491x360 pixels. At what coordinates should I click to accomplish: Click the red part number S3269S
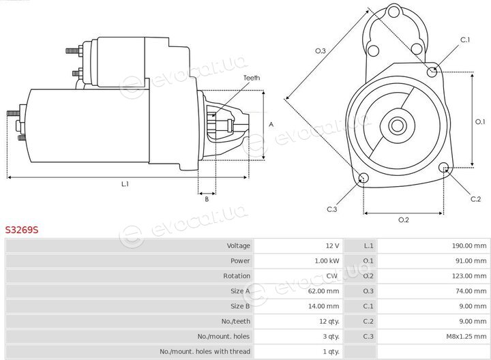(x=22, y=230)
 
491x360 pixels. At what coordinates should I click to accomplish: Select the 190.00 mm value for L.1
(x=468, y=245)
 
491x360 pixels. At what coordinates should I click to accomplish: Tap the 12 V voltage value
(x=332, y=245)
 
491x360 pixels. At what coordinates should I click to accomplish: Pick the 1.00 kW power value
(x=327, y=260)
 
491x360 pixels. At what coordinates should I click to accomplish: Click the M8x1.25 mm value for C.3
(x=466, y=337)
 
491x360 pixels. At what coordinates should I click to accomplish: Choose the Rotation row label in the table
(x=237, y=275)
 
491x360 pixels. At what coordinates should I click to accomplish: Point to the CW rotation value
(x=332, y=275)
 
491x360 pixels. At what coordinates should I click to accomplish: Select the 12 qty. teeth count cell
(x=329, y=321)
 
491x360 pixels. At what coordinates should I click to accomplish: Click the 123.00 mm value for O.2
(x=468, y=275)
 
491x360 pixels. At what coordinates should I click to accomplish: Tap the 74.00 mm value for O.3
(x=471, y=291)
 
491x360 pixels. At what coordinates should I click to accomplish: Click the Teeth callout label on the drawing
(x=252, y=78)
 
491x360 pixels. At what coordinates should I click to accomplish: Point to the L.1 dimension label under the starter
(x=125, y=184)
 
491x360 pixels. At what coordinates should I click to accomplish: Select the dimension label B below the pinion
(x=207, y=199)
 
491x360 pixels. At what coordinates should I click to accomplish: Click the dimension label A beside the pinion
(x=271, y=124)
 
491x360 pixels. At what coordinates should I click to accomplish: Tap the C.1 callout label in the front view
(x=465, y=40)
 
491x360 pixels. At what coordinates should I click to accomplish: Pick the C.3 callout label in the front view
(x=332, y=209)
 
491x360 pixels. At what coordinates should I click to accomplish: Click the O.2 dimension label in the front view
(x=403, y=220)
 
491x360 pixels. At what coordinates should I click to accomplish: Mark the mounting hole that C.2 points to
(x=444, y=168)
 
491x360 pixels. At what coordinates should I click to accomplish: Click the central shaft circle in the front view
(x=398, y=126)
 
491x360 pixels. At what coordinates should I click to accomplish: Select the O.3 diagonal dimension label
(x=321, y=50)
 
